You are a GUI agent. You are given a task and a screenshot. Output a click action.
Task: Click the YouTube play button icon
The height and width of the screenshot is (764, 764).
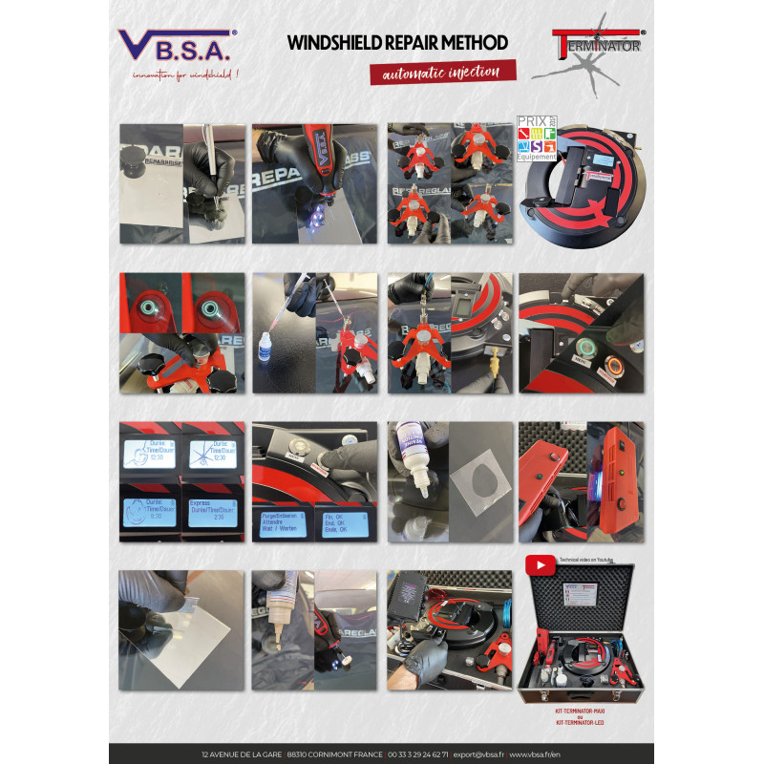pyautogui.click(x=540, y=566)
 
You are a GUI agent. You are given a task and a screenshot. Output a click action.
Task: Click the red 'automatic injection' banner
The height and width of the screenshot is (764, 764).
pyautogui.click(x=443, y=73)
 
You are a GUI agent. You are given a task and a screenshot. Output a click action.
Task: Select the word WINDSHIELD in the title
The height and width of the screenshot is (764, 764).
pyautogui.click(x=335, y=43)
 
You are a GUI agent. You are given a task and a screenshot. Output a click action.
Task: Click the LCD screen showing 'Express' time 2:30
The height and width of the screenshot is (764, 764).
pyautogui.click(x=211, y=512)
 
